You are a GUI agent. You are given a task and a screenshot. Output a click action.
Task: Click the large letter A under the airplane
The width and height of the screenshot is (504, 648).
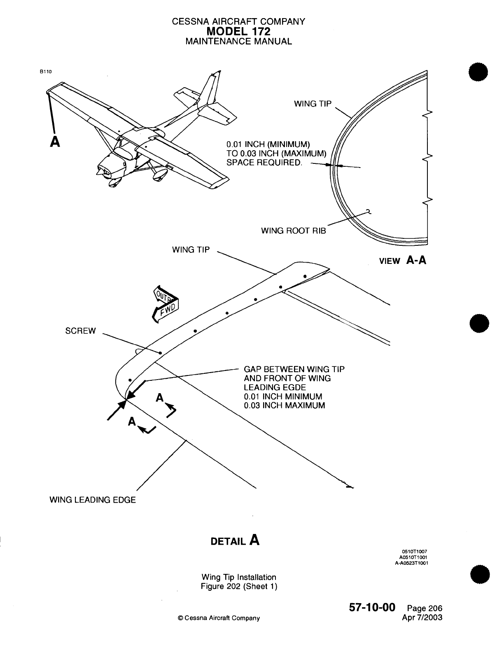point(54,141)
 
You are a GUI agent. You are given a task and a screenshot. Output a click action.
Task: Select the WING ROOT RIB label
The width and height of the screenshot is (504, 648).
point(293,231)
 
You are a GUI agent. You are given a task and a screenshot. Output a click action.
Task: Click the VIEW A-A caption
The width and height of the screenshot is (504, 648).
point(402,260)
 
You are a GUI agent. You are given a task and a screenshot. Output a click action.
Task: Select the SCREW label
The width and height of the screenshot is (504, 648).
point(80,331)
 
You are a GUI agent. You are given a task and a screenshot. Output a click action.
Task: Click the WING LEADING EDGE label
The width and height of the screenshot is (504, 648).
point(92,500)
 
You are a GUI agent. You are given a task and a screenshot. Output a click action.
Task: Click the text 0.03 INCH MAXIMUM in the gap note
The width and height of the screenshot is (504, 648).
point(284,406)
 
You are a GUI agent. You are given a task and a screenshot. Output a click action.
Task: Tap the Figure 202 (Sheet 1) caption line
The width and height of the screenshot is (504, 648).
point(239,586)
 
